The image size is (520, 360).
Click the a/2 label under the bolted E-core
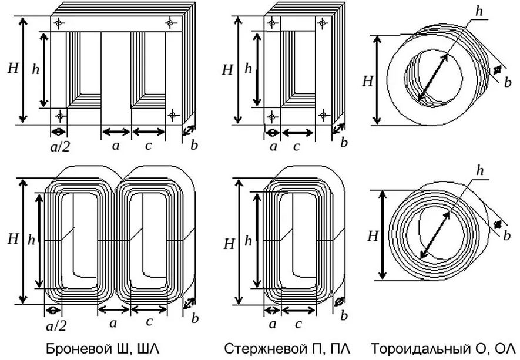click(x=60, y=147)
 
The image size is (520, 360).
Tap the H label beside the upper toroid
click(x=368, y=81)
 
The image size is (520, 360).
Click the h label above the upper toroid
click(x=479, y=11)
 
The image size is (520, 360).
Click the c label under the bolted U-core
click(x=298, y=146)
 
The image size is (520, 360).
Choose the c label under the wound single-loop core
click(x=298, y=323)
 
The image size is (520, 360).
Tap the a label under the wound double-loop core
click(x=115, y=323)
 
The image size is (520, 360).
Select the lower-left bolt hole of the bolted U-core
click(x=271, y=114)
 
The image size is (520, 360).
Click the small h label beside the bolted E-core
click(x=36, y=69)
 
